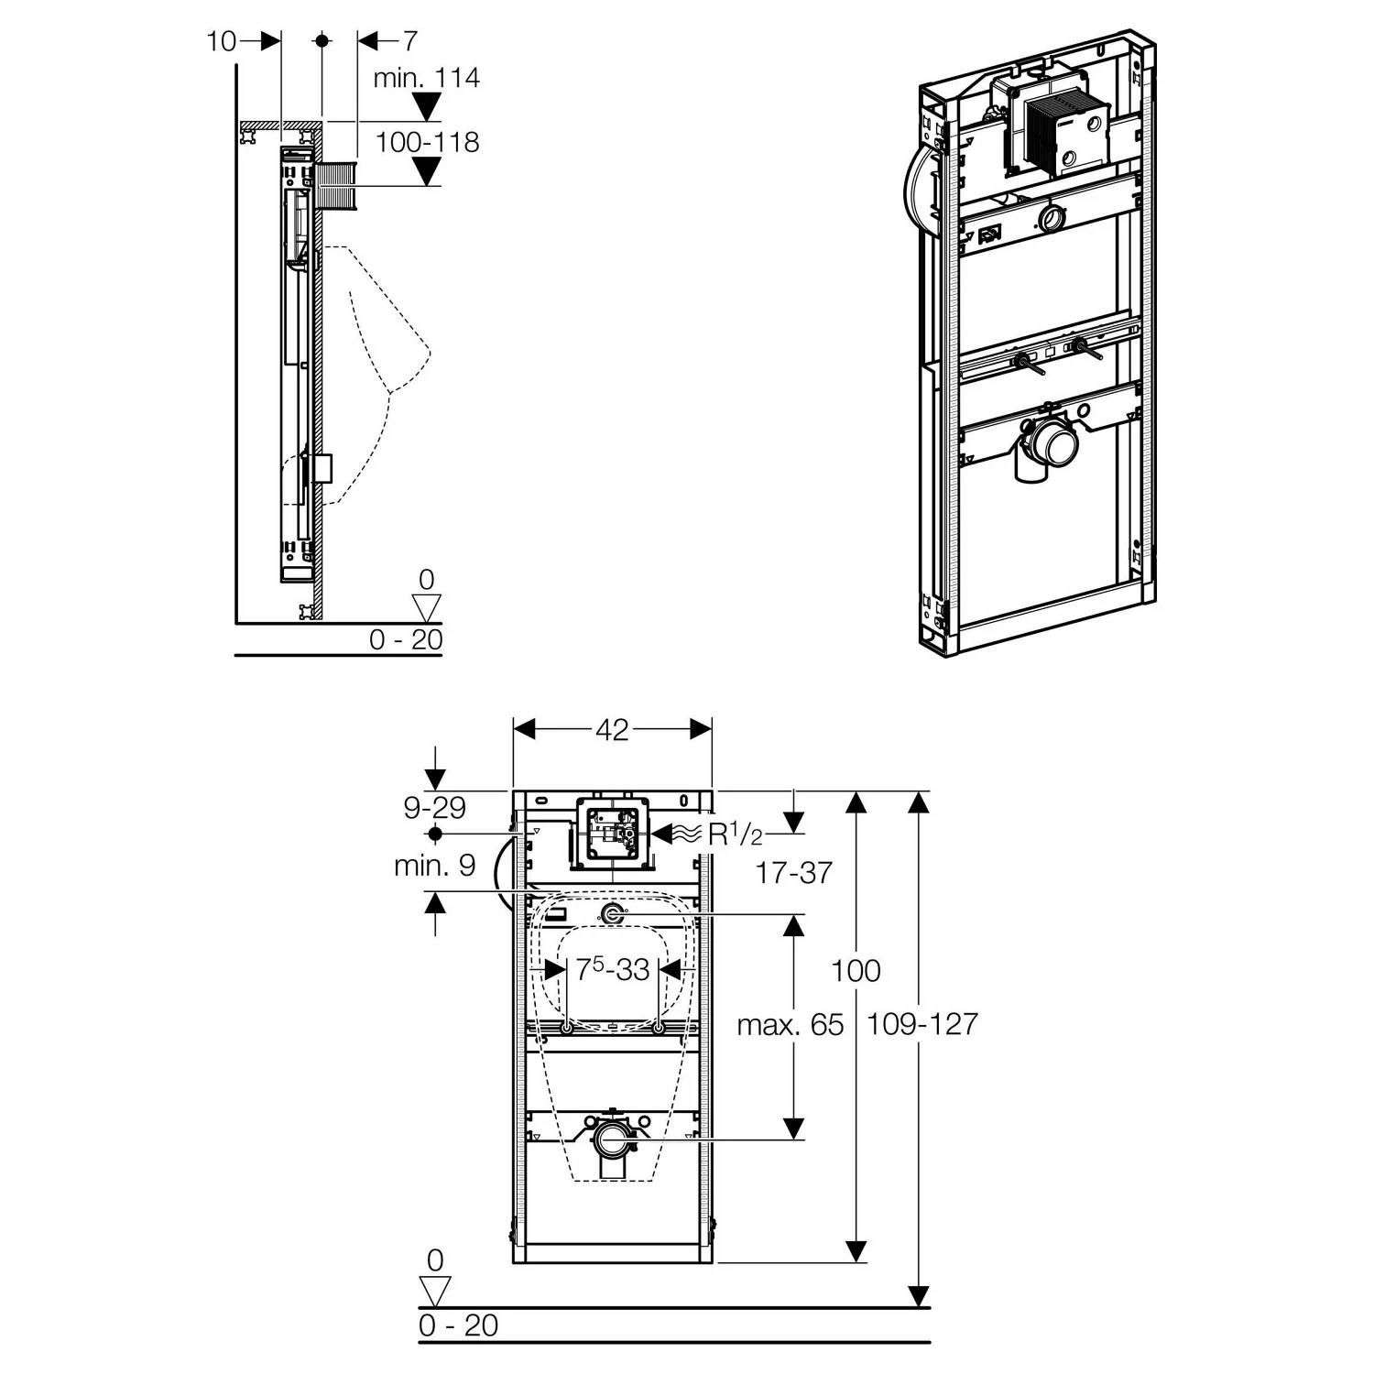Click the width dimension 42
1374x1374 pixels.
tap(612, 729)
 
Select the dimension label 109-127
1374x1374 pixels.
tap(921, 1023)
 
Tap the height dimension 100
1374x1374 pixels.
tap(856, 970)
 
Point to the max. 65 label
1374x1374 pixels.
tap(790, 1024)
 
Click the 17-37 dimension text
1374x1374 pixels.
tap(793, 873)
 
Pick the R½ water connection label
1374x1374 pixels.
tap(734, 834)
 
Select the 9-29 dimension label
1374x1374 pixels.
tap(434, 807)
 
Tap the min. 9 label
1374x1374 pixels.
tap(434, 866)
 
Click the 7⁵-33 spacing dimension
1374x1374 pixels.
tap(612, 969)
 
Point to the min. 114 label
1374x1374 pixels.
tap(426, 78)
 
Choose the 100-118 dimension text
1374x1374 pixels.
tap(427, 142)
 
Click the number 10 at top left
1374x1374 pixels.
tap(221, 41)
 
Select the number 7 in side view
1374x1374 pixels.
tap(409, 41)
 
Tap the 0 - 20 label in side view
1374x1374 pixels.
tap(405, 639)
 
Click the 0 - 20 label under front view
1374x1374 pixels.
tap(458, 1325)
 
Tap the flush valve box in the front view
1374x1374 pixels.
tap(611, 834)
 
